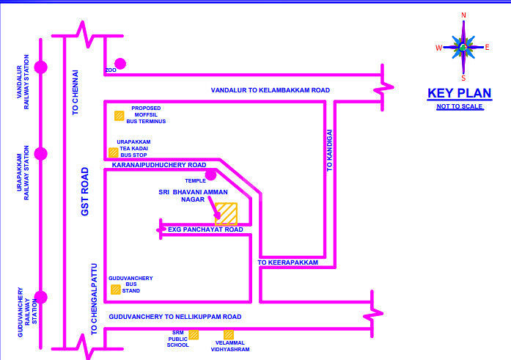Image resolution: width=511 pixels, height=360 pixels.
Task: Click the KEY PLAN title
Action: point(455,93)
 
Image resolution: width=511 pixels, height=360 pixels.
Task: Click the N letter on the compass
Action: point(463,15)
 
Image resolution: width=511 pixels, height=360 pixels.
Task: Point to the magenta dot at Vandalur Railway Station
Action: point(41,67)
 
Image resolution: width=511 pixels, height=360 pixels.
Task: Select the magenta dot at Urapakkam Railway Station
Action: point(41,154)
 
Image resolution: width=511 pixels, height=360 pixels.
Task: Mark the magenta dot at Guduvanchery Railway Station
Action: point(41,297)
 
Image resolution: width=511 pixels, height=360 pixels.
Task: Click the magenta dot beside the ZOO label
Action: point(120,64)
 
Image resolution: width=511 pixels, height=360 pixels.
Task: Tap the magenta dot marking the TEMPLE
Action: point(211,175)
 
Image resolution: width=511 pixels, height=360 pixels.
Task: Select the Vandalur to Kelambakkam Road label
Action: point(270,90)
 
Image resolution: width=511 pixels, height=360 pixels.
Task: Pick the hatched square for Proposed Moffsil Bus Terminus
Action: point(119,115)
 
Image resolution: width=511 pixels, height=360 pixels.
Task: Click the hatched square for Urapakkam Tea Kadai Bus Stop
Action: point(113,153)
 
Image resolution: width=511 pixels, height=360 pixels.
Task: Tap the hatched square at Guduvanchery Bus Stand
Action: point(115,289)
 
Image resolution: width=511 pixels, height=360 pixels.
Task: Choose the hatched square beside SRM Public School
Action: point(194,334)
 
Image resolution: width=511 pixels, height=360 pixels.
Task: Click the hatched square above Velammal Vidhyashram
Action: point(229,335)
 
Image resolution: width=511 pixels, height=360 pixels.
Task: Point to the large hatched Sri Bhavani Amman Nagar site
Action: point(226,213)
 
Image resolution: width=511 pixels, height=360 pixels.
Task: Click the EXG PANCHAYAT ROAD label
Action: point(205,229)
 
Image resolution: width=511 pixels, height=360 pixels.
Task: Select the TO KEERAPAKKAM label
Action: point(287,262)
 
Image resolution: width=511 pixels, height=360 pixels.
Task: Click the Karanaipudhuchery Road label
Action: point(158,166)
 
